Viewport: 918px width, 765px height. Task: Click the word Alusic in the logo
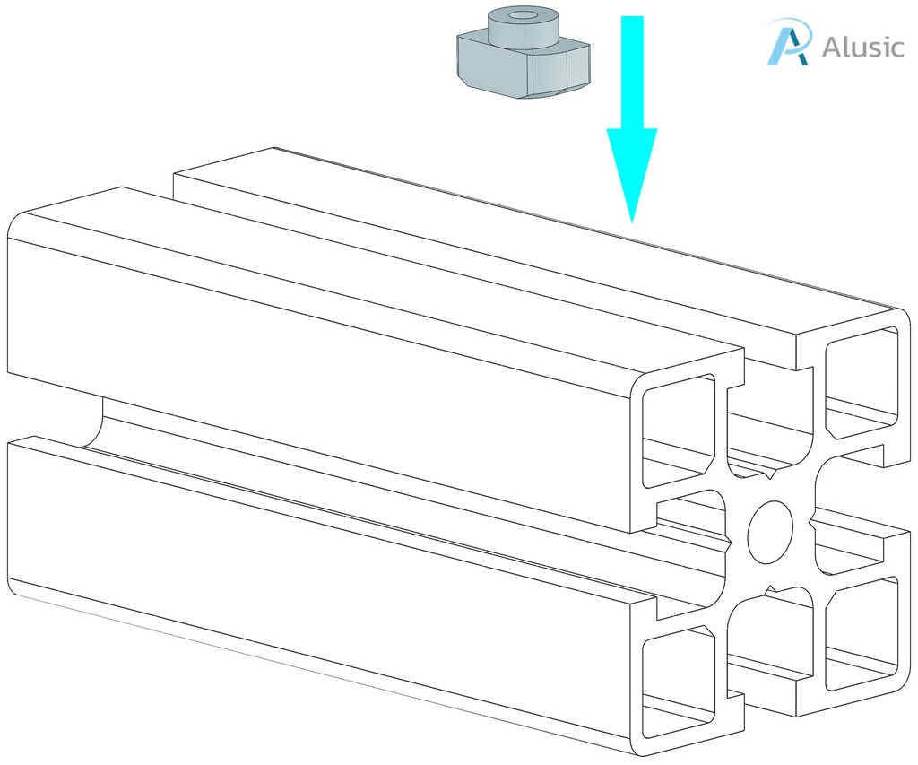point(863,47)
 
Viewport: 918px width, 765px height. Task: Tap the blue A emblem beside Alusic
point(789,41)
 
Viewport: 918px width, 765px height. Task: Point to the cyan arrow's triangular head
point(632,176)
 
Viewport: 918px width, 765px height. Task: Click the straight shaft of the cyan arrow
point(632,73)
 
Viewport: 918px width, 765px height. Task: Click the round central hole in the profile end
point(770,533)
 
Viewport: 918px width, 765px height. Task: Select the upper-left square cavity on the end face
point(679,431)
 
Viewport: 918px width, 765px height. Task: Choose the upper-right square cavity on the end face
point(862,383)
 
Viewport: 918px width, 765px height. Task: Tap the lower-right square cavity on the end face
point(862,633)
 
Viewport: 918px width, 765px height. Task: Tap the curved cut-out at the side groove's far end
point(93,421)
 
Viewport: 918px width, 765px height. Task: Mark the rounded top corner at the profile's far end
point(18,222)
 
